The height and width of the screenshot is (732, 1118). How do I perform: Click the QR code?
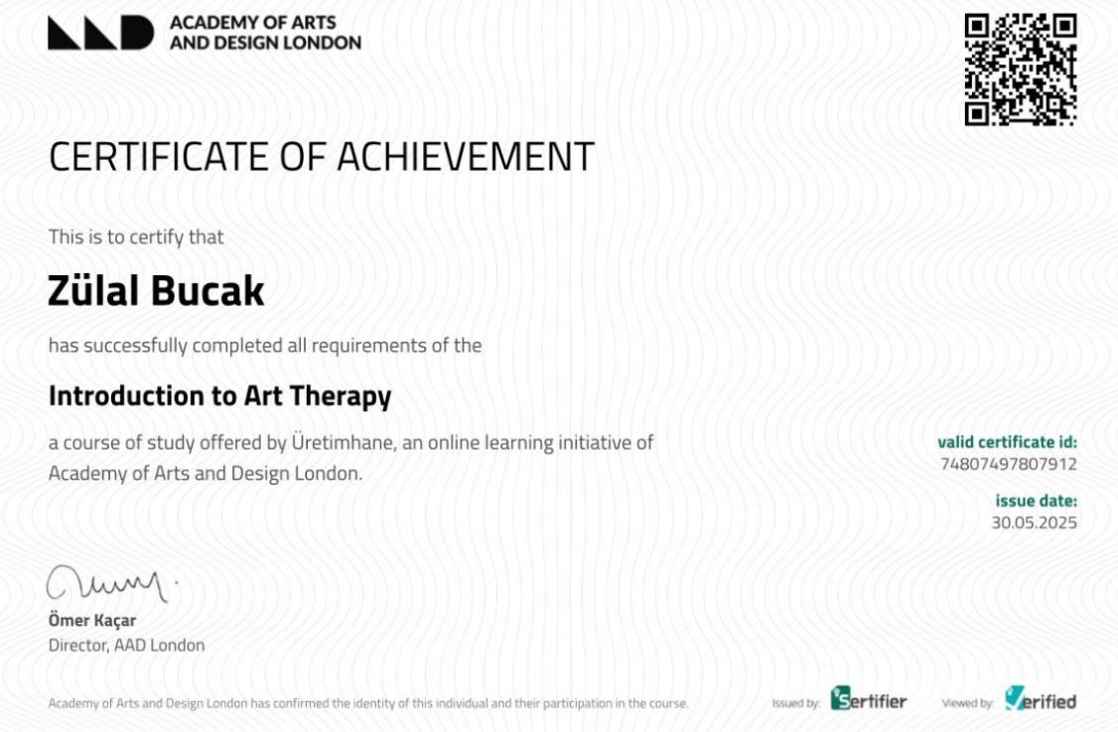(x=1021, y=70)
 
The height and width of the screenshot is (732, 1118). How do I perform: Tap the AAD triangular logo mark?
(x=100, y=33)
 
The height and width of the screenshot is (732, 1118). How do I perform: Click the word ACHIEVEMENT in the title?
(x=466, y=156)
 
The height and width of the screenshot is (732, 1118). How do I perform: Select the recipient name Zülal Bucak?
(x=156, y=290)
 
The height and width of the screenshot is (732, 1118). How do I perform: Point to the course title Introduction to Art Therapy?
(x=219, y=396)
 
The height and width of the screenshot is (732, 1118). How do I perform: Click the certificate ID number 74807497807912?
(x=1008, y=464)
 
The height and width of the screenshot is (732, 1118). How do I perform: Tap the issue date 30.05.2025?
(x=1034, y=522)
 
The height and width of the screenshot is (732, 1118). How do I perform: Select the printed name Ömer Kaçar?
(x=92, y=620)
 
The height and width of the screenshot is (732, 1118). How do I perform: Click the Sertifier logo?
(x=869, y=698)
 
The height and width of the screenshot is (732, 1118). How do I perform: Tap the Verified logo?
(x=1041, y=698)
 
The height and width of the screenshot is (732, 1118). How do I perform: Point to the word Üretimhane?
(x=343, y=442)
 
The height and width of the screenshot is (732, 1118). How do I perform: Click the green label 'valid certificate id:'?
(x=1008, y=442)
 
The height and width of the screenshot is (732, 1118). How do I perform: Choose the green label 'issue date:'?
(x=1036, y=501)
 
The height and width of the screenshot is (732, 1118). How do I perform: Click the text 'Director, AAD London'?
(x=126, y=645)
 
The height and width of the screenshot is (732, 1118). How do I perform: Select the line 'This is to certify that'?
(x=135, y=236)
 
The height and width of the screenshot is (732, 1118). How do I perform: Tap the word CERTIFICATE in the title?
(x=159, y=156)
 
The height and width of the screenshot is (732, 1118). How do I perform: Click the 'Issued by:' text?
(x=795, y=703)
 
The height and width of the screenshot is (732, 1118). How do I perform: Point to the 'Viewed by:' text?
(x=967, y=703)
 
